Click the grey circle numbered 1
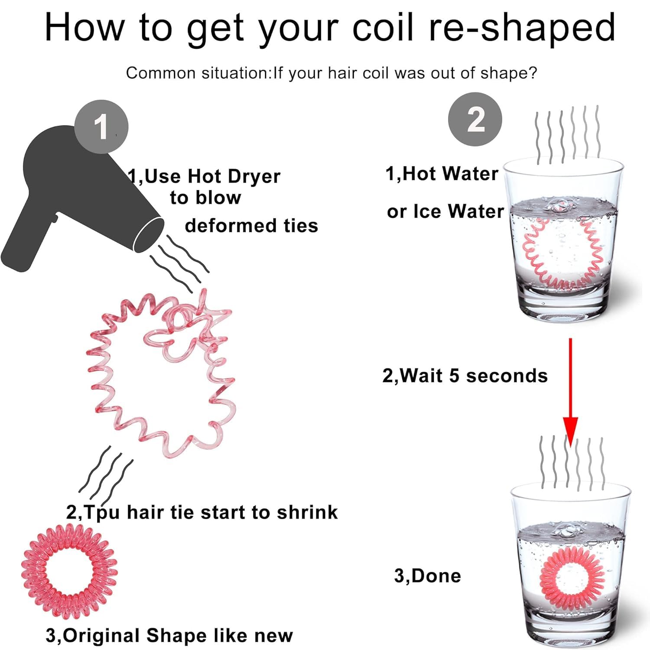[x=101, y=127]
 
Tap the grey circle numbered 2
[x=475, y=119]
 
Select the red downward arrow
[x=570, y=393]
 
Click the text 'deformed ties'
[x=251, y=226]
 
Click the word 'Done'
[x=436, y=576]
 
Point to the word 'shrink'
[x=307, y=512]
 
